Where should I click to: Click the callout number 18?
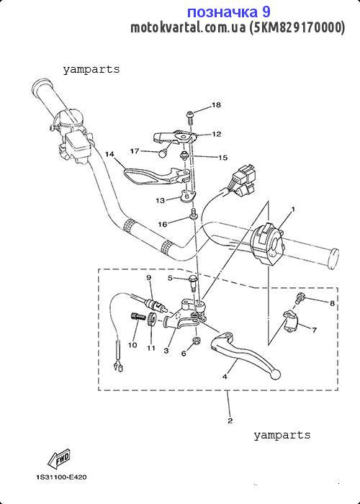(x=216, y=105)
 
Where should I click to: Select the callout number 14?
(x=109, y=154)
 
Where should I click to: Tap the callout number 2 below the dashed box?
(x=230, y=420)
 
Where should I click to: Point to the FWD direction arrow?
(x=59, y=459)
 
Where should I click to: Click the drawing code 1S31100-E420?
(x=61, y=477)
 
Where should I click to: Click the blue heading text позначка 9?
(x=228, y=12)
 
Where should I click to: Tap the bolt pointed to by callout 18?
(x=190, y=118)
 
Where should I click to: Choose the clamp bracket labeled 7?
(x=291, y=322)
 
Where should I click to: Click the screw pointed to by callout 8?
(x=299, y=299)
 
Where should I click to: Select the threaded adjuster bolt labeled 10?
(x=138, y=316)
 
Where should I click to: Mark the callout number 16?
(x=163, y=224)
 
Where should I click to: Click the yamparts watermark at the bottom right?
(x=282, y=436)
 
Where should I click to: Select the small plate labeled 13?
(x=187, y=195)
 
